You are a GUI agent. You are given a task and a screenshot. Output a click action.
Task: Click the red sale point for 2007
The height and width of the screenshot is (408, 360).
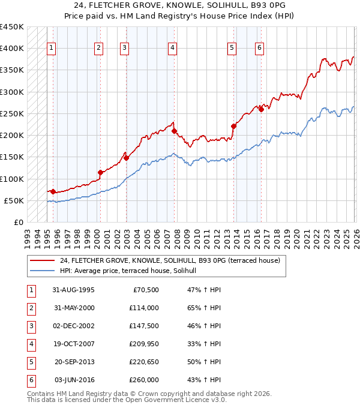click(x=174, y=131)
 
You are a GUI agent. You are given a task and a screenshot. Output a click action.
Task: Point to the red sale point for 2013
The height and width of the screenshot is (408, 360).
click(x=233, y=126)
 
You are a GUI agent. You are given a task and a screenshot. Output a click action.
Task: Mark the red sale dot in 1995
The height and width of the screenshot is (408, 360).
click(x=53, y=191)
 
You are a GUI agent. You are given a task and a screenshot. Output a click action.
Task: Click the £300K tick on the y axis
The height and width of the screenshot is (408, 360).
click(x=11, y=92)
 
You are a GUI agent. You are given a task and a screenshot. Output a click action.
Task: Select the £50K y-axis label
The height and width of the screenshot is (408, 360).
click(x=14, y=200)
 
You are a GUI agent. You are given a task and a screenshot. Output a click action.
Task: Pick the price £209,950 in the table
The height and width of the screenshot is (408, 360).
click(x=144, y=344)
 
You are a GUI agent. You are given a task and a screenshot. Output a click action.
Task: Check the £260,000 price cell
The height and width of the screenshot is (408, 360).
click(x=144, y=380)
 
